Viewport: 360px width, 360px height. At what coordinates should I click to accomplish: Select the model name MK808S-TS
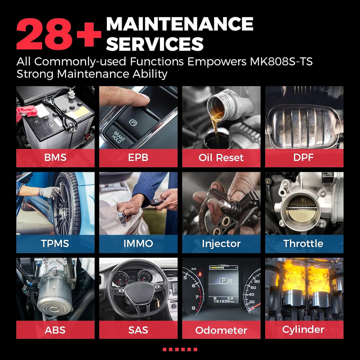click(x=281, y=61)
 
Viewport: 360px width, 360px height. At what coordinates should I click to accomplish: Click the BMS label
click(x=55, y=157)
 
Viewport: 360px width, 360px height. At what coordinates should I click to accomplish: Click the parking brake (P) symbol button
click(x=133, y=122)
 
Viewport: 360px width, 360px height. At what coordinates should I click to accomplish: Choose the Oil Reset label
click(x=221, y=157)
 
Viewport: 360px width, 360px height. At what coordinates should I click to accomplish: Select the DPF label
click(x=303, y=157)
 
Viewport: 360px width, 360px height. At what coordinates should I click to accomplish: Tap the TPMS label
click(x=55, y=243)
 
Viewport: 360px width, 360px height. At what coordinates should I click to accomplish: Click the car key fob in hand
click(x=157, y=202)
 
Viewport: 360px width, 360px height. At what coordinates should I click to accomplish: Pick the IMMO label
click(x=138, y=243)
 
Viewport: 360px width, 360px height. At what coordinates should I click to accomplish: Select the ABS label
click(x=55, y=330)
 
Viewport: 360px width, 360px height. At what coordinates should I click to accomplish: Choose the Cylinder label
click(x=303, y=330)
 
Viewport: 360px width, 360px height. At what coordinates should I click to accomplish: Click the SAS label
click(x=138, y=330)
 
